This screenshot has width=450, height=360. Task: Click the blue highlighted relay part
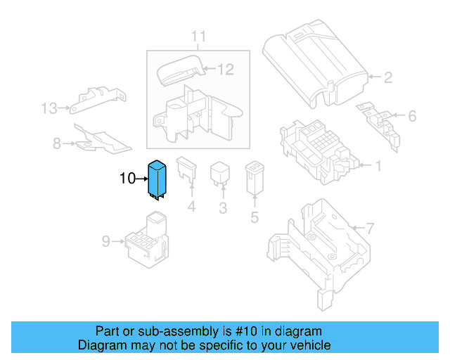pyautogui.click(x=155, y=180)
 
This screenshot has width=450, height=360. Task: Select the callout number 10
pyautogui.click(x=127, y=179)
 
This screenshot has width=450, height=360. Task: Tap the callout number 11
pyautogui.click(x=199, y=36)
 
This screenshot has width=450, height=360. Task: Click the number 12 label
pyautogui.click(x=224, y=69)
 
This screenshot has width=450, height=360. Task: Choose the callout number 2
pyautogui.click(x=387, y=78)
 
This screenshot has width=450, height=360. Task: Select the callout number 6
pyautogui.click(x=412, y=116)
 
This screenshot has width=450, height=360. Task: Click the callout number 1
pyautogui.click(x=378, y=167)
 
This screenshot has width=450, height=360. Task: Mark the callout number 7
pyautogui.click(x=371, y=228)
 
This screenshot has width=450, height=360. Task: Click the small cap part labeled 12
pyautogui.click(x=180, y=71)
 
